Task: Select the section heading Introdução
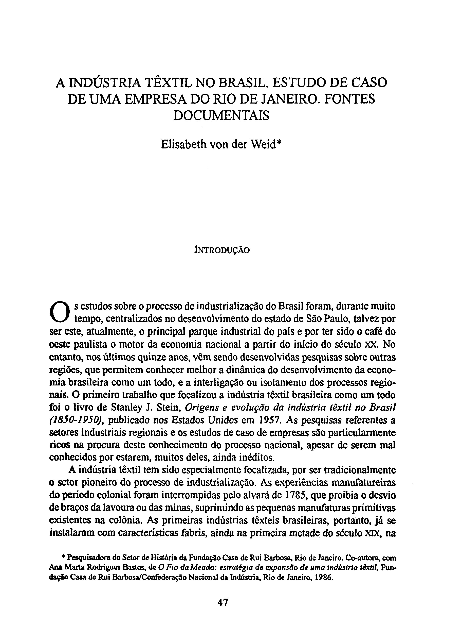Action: point(222,250)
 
